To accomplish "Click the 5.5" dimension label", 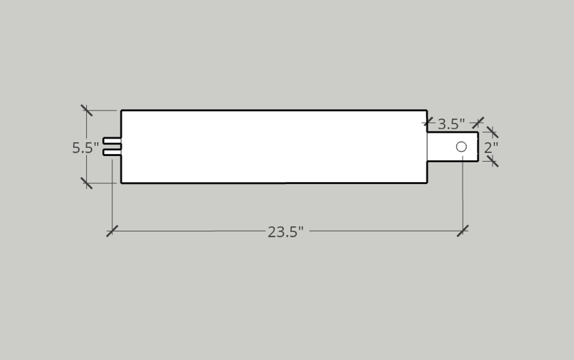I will (85, 148).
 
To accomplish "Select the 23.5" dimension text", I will (286, 232).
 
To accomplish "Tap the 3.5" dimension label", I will (451, 124).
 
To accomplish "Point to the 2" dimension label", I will (491, 147).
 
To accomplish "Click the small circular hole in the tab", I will (461, 147).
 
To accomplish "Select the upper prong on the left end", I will (112, 140).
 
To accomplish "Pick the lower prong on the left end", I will (112, 152).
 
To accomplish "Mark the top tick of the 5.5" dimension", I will (87, 110).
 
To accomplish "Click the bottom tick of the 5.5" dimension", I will (87, 183).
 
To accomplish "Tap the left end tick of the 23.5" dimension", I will (112, 231).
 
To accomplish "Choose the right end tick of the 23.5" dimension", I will (462, 231).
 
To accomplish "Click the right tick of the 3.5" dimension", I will (478, 122).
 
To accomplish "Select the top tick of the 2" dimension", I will (492, 132).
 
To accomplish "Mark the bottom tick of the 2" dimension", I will (492, 161).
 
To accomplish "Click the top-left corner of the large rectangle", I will (122, 110).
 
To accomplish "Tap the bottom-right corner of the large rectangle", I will (426, 183).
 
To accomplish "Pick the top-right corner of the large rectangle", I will (426, 110).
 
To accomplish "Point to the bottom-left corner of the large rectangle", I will (122, 183).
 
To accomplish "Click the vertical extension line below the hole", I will (462, 193).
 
